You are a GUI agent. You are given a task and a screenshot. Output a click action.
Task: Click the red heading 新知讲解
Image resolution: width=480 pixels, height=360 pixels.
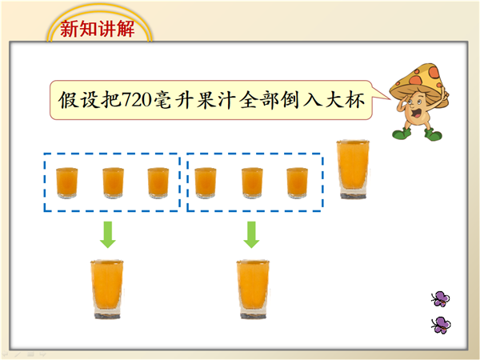tap(97, 29)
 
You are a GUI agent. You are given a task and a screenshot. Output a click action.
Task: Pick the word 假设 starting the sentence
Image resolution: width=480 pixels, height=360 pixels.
tap(78, 100)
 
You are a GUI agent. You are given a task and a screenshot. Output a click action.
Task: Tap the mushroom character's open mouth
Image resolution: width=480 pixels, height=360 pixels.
tap(416, 113)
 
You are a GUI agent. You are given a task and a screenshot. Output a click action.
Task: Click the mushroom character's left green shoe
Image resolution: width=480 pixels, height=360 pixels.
tap(402, 134)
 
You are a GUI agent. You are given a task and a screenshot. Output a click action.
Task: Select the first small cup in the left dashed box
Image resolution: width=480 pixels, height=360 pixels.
tap(66, 182)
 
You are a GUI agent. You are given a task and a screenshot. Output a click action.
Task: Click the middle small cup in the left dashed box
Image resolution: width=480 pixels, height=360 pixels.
tap(113, 182)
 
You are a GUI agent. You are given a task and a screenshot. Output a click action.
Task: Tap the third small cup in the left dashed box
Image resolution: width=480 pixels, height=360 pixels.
tap(158, 182)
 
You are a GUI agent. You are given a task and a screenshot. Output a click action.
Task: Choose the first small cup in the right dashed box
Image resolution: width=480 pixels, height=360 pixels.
tap(206, 182)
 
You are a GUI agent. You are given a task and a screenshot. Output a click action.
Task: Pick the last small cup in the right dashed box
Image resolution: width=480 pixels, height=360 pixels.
tap(298, 182)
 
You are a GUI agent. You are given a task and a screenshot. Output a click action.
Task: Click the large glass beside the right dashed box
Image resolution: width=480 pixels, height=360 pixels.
tap(353, 170)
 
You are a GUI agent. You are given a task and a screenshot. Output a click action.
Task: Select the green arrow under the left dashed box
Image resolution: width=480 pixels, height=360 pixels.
tap(108, 234)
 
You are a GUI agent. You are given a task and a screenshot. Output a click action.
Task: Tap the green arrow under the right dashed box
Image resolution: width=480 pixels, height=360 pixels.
tap(252, 234)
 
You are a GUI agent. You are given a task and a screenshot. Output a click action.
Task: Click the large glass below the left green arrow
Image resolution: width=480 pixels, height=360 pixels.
tap(107, 290)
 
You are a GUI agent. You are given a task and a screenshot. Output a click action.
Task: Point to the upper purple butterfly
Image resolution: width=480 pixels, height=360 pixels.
tap(441, 298)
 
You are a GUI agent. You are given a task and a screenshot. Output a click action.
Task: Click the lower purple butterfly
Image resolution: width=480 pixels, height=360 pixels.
tap(441, 325)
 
